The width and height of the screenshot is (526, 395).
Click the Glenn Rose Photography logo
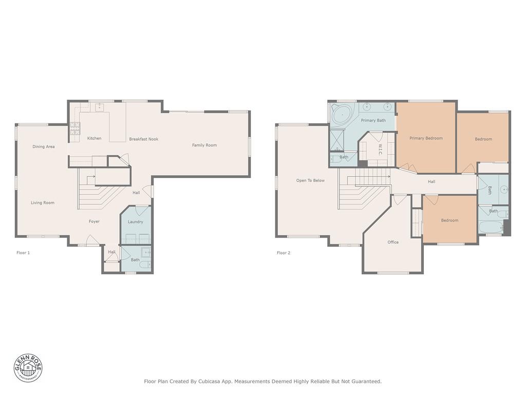pyautogui.click(x=28, y=368)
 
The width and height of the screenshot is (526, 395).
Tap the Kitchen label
pyautogui.click(x=95, y=138)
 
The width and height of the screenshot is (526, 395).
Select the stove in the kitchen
pyautogui.click(x=75, y=128)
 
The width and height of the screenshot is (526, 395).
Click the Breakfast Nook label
pyautogui.click(x=144, y=139)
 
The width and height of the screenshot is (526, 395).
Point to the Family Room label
pyautogui.click(x=204, y=145)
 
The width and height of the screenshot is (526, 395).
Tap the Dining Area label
pyautogui.click(x=44, y=147)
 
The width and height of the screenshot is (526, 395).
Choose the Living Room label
pyautogui.click(x=43, y=203)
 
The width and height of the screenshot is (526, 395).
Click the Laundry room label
pyautogui.click(x=136, y=222)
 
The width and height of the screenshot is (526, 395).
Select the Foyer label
pyautogui.click(x=95, y=221)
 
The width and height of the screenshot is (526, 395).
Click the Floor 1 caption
pyautogui.click(x=23, y=253)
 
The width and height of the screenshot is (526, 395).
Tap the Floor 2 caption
pyautogui.click(x=284, y=253)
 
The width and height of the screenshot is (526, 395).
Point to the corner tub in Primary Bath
pyautogui.click(x=343, y=115)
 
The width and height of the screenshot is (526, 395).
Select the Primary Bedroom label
pyautogui.click(x=426, y=138)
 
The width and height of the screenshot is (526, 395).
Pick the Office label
pyautogui.click(x=393, y=242)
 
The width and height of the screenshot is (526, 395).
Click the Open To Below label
pyautogui.click(x=310, y=181)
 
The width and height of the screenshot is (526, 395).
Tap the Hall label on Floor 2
pyautogui.click(x=431, y=182)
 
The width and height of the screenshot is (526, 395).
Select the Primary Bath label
pyautogui.click(x=373, y=120)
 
